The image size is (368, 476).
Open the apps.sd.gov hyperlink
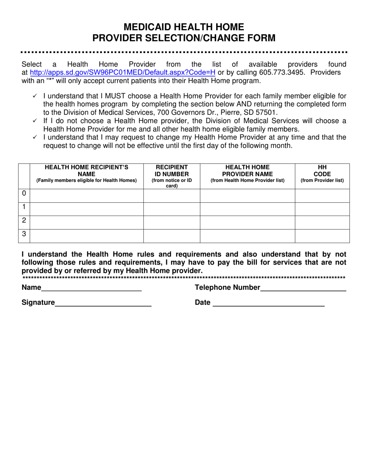[x=122, y=73]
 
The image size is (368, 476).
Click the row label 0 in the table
[x=24, y=193]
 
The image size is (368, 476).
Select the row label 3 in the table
[x=24, y=234]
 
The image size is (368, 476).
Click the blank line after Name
[x=91, y=288]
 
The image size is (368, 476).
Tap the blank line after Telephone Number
[x=303, y=288]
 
